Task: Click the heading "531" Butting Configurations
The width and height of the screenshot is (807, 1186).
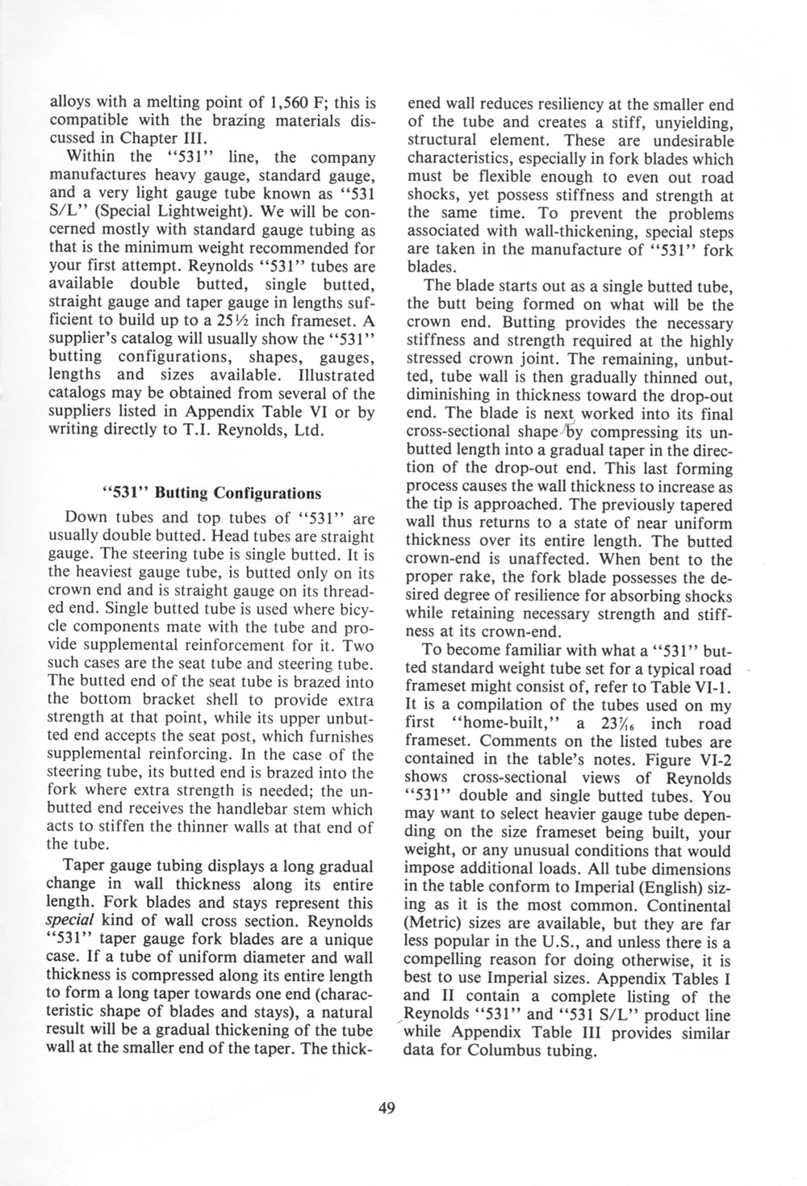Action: click(211, 492)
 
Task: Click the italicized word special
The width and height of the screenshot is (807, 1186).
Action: click(70, 921)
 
